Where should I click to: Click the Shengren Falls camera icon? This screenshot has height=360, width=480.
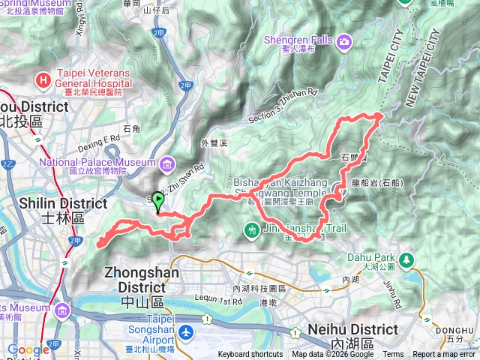343,40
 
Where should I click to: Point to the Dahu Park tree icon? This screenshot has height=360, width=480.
406,259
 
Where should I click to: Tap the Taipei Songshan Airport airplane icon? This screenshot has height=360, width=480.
187,331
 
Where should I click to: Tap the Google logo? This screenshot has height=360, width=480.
28,350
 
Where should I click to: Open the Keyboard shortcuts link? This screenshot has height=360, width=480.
251,355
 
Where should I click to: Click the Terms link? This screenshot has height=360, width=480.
392,355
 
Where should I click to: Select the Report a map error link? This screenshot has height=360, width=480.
445,355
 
